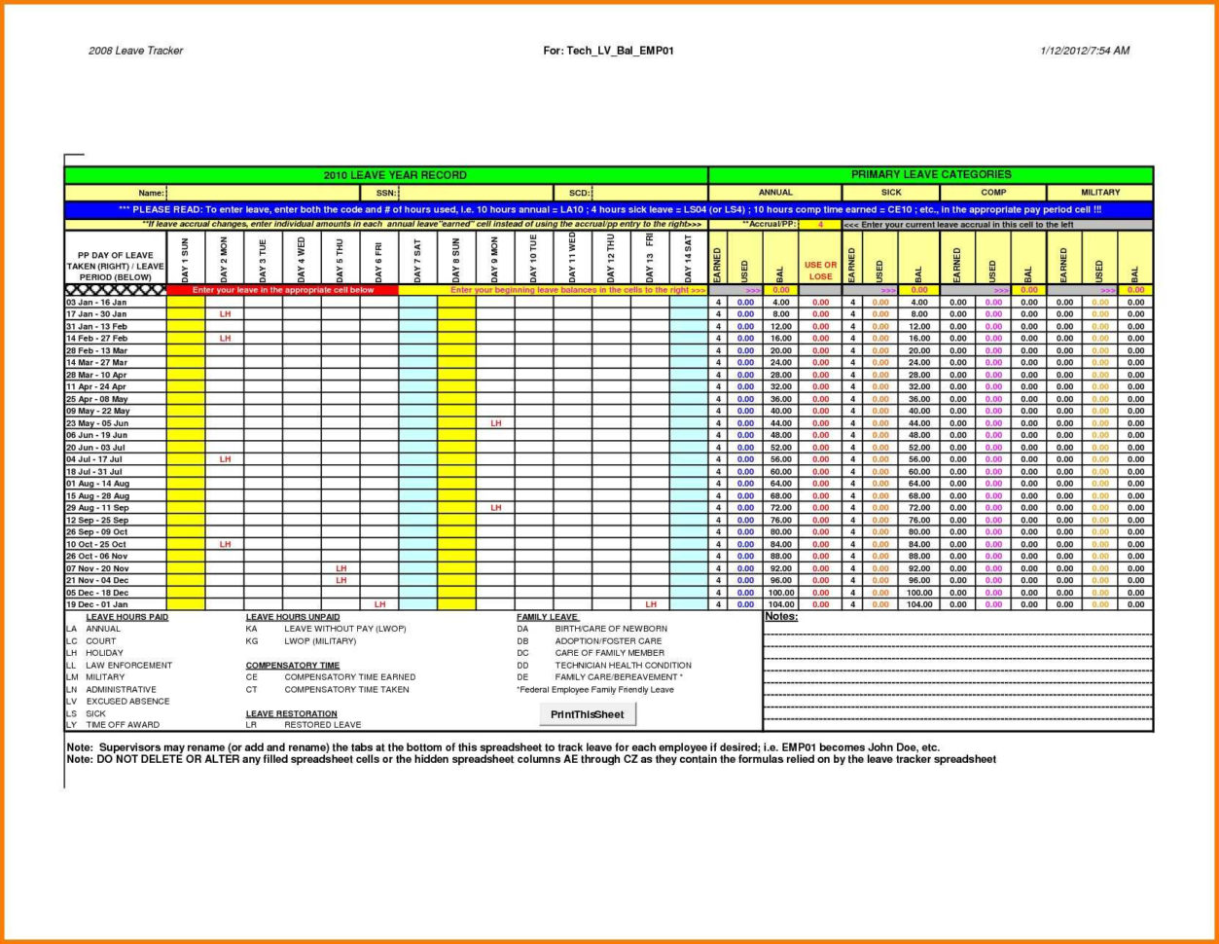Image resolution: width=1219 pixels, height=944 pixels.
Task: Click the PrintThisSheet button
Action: tap(588, 715)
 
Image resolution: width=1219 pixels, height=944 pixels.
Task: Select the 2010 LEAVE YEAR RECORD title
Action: tap(394, 175)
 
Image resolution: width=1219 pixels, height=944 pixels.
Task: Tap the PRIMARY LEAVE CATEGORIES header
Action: tap(930, 175)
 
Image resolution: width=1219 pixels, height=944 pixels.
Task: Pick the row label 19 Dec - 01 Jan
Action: tap(96, 604)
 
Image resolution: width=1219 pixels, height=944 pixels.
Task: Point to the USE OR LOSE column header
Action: tap(820, 271)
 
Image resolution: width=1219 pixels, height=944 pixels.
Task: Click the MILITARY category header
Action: tap(1100, 193)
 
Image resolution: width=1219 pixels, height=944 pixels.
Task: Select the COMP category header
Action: tap(993, 193)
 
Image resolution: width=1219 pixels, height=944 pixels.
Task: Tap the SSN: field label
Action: tap(385, 193)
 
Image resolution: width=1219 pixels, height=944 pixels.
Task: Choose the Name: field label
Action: tap(151, 193)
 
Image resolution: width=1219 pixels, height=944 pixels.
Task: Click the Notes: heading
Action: tap(781, 617)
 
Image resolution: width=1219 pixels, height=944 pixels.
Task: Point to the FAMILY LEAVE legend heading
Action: tap(548, 617)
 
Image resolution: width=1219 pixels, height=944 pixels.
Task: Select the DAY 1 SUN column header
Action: tap(186, 259)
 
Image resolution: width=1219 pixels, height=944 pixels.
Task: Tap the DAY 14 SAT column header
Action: tap(689, 259)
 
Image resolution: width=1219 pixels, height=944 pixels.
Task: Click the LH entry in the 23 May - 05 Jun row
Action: tap(495, 423)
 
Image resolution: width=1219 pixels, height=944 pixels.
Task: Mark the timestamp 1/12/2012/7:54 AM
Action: tap(1085, 51)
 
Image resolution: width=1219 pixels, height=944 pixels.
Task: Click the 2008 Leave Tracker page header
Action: tap(135, 51)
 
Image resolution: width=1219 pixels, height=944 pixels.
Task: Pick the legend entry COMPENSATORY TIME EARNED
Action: tap(349, 677)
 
